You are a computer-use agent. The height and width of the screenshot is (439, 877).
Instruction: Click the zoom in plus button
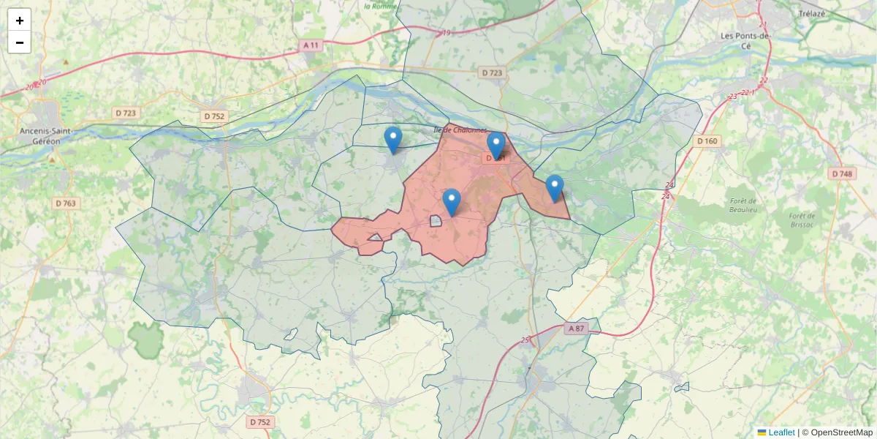[x=19, y=20]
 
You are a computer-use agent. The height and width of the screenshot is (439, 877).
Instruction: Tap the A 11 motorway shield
[x=311, y=45]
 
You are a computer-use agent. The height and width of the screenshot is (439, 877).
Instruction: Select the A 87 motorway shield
[x=576, y=329]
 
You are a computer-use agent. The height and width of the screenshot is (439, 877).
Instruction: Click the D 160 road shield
[x=707, y=140]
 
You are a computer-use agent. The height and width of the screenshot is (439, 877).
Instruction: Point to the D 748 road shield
[x=842, y=173]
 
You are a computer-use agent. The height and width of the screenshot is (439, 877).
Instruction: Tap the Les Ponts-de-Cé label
[x=745, y=40]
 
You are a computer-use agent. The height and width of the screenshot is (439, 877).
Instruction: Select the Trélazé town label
[x=811, y=14]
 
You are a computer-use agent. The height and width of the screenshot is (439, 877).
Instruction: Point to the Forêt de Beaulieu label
[x=743, y=205]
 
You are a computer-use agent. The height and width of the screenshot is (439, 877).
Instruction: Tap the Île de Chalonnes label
[x=460, y=130]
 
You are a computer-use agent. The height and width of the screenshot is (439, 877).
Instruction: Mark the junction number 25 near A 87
[x=525, y=340]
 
